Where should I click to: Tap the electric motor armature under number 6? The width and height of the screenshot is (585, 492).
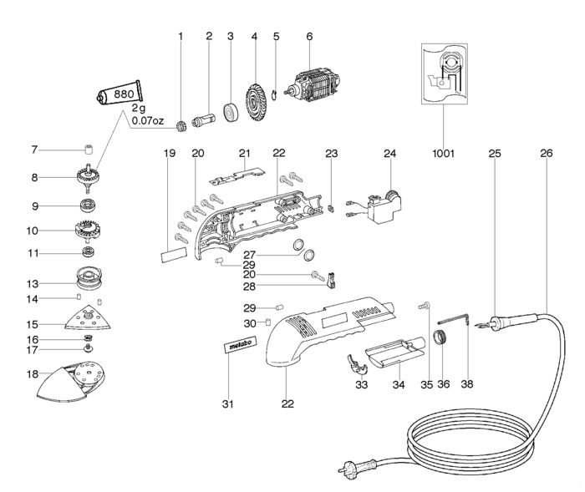click(313, 84)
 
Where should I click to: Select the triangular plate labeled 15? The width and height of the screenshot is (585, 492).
click(87, 318)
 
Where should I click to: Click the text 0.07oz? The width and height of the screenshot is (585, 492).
click(151, 120)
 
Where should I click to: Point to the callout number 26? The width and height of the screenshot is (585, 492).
click(547, 153)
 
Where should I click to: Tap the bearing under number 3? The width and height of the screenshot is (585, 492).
click(230, 111)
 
